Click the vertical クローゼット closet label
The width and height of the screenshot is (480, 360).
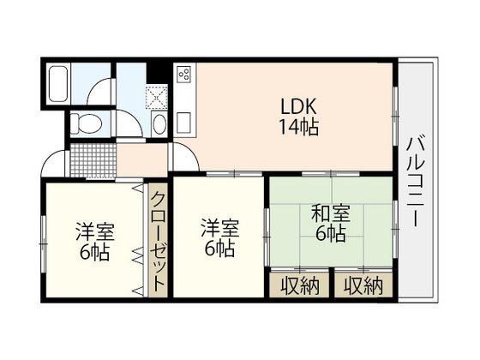(159, 243)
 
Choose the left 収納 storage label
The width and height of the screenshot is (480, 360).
(299, 286)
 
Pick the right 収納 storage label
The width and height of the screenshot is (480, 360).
(363, 286)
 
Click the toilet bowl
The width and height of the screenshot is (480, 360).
(86, 123)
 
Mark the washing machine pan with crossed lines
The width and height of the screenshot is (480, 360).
(159, 95)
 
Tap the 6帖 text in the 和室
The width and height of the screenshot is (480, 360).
(329, 234)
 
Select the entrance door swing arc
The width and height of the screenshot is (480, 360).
(53, 162)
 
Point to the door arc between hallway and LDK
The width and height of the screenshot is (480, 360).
(183, 153)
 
